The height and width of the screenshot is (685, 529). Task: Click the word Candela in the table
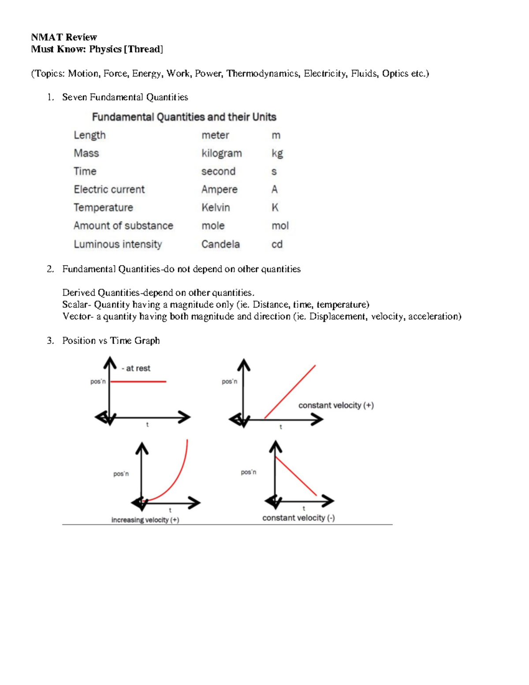220,244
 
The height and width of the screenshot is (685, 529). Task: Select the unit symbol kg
277,153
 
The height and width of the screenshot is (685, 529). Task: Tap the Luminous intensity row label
118,244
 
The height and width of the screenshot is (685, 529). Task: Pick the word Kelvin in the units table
216,207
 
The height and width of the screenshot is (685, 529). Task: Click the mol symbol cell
280,226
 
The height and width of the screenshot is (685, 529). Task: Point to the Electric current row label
109,189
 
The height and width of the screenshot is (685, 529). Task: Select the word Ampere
219,189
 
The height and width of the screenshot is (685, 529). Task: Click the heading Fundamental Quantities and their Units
184,117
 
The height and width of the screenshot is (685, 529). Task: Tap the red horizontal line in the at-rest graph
138,381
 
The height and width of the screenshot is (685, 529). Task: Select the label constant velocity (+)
336,405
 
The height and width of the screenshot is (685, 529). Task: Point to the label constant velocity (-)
298,518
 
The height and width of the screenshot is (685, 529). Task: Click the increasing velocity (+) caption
145,520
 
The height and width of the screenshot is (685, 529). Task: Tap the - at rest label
136,368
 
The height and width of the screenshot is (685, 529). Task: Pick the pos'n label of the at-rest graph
98,382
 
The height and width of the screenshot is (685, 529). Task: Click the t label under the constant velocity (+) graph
281,427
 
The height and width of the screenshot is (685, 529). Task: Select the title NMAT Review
64,37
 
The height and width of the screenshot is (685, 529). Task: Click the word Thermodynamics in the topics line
262,74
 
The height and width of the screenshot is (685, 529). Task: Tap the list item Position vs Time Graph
111,341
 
